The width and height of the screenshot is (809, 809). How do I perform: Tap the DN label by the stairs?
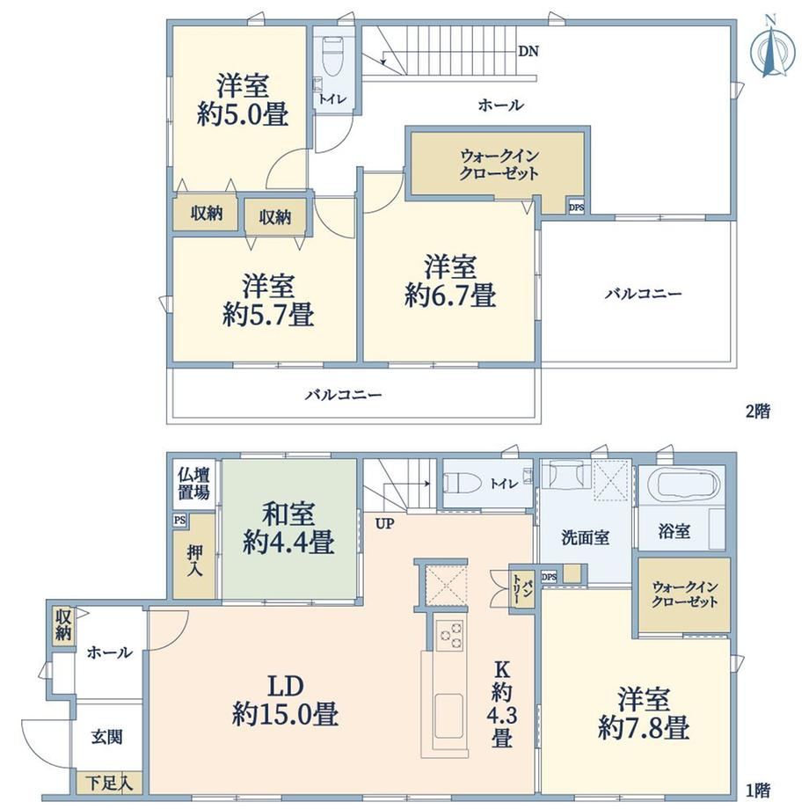coord(528,51)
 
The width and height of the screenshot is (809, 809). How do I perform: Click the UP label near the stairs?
coord(384,524)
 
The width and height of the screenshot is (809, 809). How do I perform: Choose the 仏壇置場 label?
coord(194,484)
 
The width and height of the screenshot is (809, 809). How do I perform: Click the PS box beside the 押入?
coord(179,520)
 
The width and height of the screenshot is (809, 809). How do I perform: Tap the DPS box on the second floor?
coord(576,208)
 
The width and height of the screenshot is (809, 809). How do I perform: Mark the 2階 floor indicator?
coord(758,412)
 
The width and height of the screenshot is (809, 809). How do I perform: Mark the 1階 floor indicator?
coord(758,790)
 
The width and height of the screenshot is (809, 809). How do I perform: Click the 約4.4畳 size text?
coord(288,543)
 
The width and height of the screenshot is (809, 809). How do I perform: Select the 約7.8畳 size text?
coord(644,728)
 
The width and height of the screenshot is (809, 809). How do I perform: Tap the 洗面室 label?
coord(585,538)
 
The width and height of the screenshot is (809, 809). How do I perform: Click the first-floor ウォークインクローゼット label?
coord(685,594)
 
